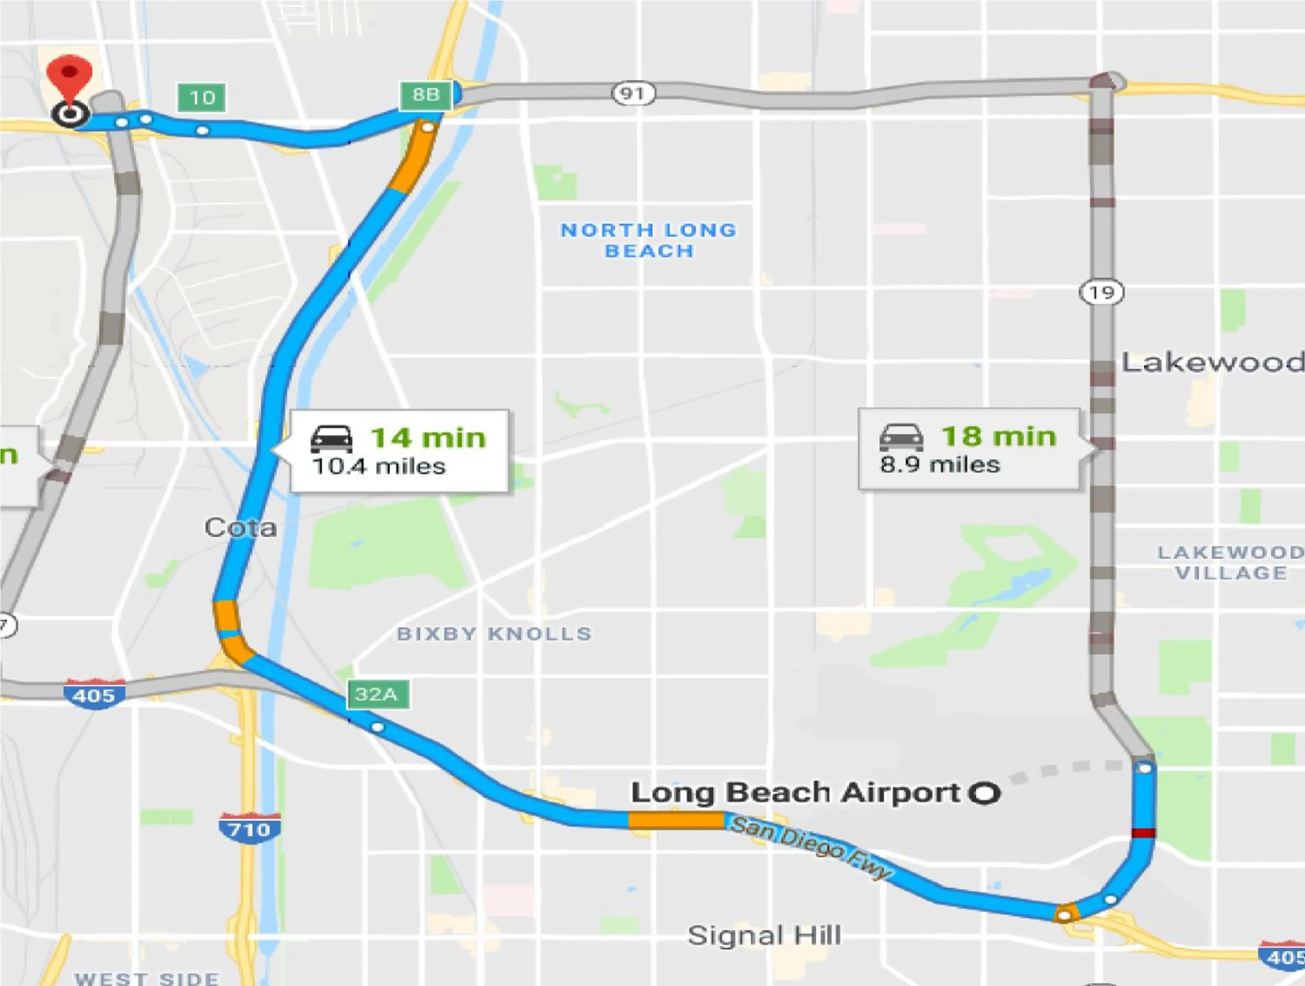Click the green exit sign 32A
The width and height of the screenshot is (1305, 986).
point(378,694)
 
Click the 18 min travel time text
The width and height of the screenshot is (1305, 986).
point(998,436)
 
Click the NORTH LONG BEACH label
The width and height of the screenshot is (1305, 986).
point(649,240)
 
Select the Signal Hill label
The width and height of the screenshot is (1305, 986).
point(765,935)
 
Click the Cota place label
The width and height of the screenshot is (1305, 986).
point(241,527)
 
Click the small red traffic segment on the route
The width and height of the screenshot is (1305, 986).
point(1143,833)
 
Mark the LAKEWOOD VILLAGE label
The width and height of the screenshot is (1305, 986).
point(1231,562)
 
